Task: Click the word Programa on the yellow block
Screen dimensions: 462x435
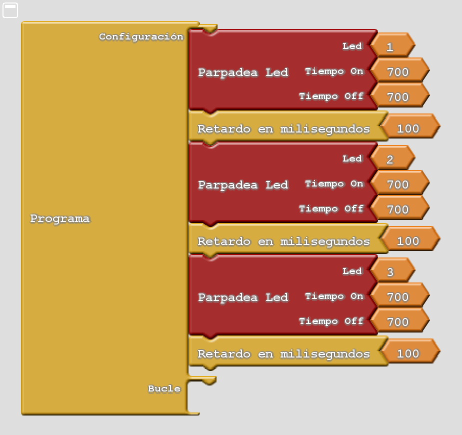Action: (60, 218)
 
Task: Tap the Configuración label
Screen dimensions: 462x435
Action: (141, 36)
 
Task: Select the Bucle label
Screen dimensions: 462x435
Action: (164, 388)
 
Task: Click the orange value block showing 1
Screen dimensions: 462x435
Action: (392, 45)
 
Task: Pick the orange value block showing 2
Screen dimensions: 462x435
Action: (392, 158)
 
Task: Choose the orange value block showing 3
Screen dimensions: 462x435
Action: (392, 270)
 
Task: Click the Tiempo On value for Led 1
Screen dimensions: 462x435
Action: (399, 70)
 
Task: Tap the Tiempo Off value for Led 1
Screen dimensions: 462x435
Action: (399, 95)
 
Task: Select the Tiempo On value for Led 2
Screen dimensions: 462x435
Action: (399, 183)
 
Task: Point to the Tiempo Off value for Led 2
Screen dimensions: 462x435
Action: (399, 208)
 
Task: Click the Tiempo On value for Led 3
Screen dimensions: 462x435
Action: (399, 295)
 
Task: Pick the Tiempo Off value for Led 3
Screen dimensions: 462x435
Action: (399, 320)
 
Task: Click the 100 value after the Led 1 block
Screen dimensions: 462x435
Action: (410, 126)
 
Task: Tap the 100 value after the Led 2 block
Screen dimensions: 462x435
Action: (410, 239)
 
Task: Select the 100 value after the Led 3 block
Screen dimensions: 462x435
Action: (410, 352)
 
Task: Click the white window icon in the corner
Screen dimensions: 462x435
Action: (10, 10)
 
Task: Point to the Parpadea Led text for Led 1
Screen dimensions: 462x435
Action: (243, 72)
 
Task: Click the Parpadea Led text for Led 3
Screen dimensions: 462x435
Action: (243, 297)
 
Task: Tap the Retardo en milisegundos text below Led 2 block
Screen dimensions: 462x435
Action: (283, 241)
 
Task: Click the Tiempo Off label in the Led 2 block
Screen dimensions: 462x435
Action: (331, 208)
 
